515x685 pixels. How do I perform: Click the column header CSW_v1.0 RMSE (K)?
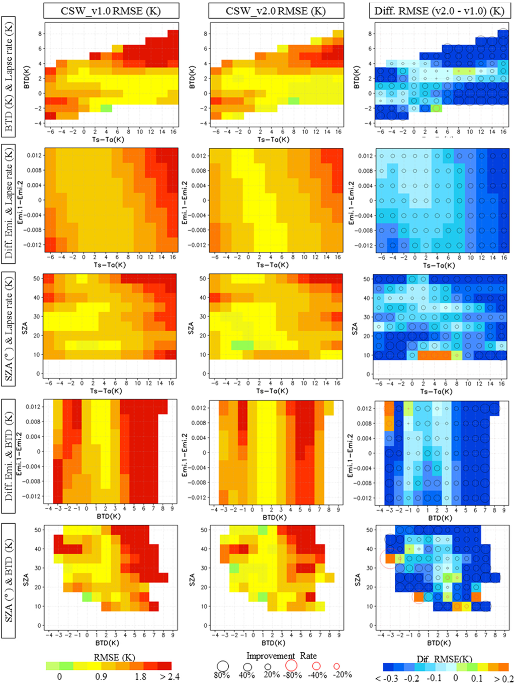point(111,11)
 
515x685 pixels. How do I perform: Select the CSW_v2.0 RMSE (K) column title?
point(276,11)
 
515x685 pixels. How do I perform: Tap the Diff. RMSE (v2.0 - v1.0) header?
point(439,11)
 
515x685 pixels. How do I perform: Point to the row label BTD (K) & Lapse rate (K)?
point(9,76)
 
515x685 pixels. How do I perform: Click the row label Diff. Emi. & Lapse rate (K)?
point(9,204)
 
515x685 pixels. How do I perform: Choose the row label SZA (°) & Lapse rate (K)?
point(9,329)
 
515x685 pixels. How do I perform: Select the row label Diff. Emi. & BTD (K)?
point(9,456)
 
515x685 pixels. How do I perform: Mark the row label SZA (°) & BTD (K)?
point(9,580)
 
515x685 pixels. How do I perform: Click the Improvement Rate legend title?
point(281,656)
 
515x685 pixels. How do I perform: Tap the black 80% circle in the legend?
point(223,666)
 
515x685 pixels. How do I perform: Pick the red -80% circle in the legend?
point(291,665)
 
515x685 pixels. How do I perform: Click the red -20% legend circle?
point(336,666)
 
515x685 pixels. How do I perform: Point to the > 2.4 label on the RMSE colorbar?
point(169,676)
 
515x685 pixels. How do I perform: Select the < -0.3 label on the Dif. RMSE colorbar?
point(387,678)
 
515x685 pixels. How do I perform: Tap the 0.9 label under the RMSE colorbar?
point(101,676)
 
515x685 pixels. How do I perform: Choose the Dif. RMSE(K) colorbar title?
point(444,659)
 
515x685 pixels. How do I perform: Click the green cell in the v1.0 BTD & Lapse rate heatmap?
point(106,108)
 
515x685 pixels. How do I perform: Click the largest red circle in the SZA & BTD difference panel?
point(390,558)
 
